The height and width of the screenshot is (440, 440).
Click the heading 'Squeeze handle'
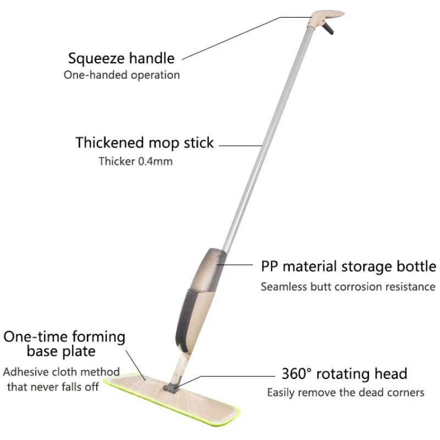pyautogui.click(x=121, y=59)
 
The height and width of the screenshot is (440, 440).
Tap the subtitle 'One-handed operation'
pyautogui.click(x=122, y=75)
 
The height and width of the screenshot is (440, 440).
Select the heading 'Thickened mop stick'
pyautogui.click(x=145, y=143)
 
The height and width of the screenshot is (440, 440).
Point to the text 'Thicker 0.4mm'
pyautogui.click(x=135, y=161)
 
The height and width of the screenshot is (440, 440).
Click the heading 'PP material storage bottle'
pyautogui.click(x=349, y=266)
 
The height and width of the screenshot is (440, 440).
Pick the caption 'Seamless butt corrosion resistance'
pyautogui.click(x=348, y=287)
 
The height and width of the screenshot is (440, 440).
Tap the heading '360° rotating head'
pyautogui.click(x=344, y=374)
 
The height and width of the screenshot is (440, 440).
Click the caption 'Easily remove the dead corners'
pyautogui.click(x=346, y=393)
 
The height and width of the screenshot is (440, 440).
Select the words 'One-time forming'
pyautogui.click(x=64, y=337)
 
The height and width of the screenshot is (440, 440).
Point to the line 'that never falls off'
pyautogui.click(x=53, y=387)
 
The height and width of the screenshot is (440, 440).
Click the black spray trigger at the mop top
pyautogui.click(x=328, y=29)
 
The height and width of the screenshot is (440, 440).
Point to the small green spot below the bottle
pyautogui.click(x=180, y=345)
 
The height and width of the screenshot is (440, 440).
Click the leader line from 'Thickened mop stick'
pyautogui.click(x=240, y=146)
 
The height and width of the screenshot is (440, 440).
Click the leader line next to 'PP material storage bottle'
pyautogui.click(x=235, y=265)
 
